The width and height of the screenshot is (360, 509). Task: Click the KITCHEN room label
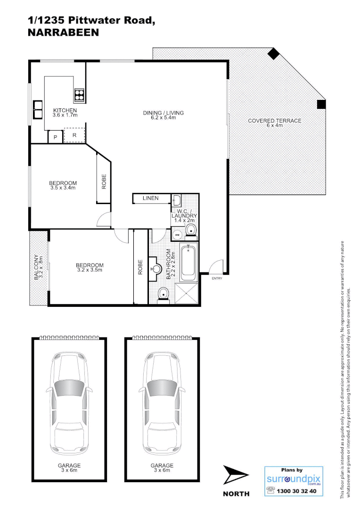pos(65,110)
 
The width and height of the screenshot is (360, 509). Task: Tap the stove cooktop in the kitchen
pos(79,96)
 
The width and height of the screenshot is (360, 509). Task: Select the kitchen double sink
pos(37,110)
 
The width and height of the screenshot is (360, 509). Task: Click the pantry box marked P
pos(55,137)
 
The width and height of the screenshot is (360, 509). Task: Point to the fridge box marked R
pos(74,135)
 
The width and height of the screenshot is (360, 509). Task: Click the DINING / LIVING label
pos(163,113)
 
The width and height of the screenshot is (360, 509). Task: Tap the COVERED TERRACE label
pos(274,121)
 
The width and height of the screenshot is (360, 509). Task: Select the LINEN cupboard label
pos(150,198)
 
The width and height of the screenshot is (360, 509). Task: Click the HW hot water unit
pos(178,234)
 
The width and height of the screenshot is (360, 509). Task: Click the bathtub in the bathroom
pos(190,260)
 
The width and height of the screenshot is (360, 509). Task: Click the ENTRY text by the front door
pos(217,279)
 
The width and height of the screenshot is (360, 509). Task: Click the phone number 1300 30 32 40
pos(297,491)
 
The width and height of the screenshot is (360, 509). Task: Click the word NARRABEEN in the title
pos(63,33)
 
